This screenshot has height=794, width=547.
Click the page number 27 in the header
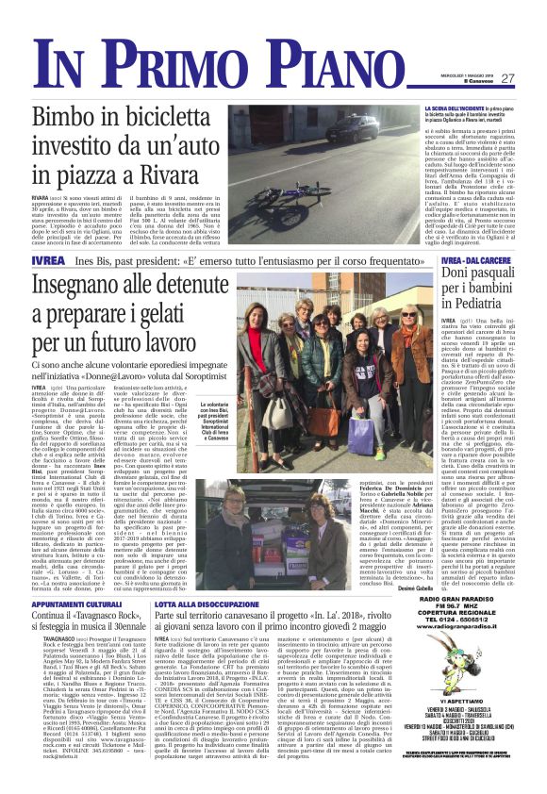click(506, 78)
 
